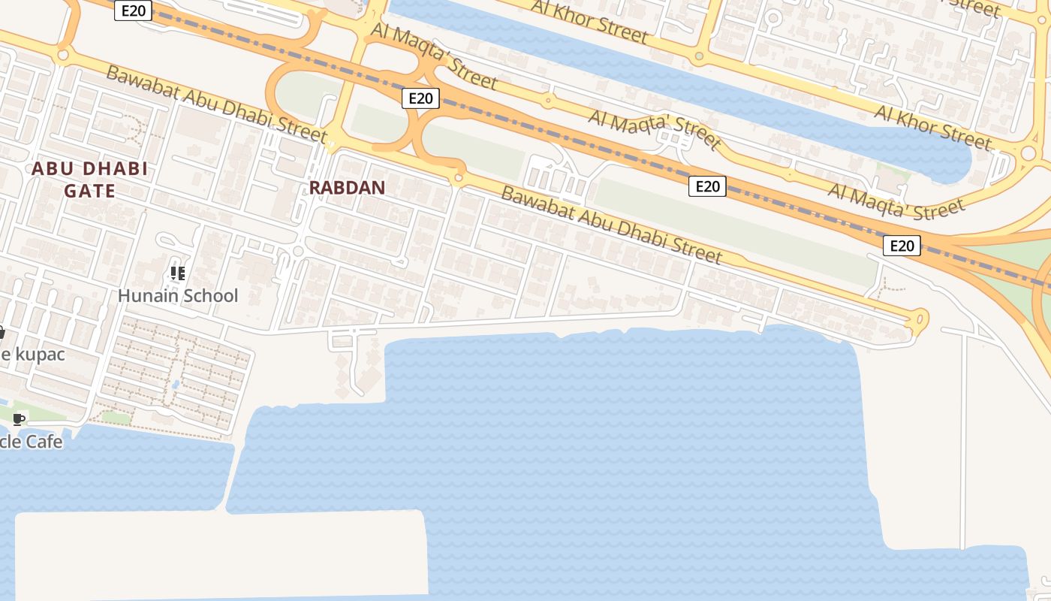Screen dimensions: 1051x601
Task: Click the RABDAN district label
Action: coord(347,188)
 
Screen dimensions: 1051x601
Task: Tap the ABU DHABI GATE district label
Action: coord(89,180)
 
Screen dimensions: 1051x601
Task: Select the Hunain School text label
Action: coord(178,296)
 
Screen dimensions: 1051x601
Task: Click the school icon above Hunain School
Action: coord(177,273)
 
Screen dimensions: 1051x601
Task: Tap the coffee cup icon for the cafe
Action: coord(19,419)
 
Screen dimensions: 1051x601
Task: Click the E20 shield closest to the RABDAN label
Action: coord(420,98)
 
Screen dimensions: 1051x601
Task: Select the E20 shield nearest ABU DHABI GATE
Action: coord(133,11)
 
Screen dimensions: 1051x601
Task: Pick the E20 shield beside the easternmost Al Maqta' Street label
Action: coord(901,246)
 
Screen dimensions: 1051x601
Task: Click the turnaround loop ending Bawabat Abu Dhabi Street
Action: coord(917,322)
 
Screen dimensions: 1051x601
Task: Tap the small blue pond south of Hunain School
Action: coord(175,385)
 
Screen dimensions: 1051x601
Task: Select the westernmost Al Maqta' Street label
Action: coord(434,56)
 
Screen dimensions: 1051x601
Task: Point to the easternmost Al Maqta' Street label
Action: coord(896,200)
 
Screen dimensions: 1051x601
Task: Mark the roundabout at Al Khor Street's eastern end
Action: coord(1028,153)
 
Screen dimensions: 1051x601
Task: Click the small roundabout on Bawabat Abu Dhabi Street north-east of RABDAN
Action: coord(457,178)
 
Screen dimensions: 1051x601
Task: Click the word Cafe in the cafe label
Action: coord(44,441)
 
